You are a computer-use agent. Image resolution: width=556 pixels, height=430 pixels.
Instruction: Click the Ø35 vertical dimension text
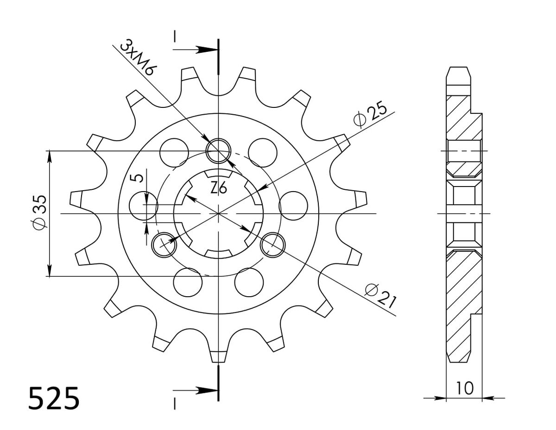click(x=40, y=212)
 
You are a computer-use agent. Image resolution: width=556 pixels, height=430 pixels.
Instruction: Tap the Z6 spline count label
click(x=219, y=188)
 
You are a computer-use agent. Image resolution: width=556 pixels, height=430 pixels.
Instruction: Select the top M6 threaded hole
click(x=219, y=151)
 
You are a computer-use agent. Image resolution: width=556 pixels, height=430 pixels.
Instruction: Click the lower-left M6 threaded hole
click(x=164, y=245)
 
